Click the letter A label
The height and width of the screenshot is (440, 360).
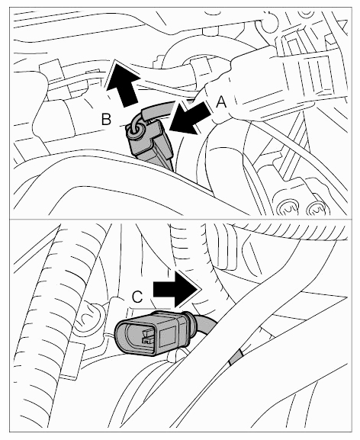tap(221, 102)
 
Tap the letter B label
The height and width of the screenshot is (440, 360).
tap(106, 119)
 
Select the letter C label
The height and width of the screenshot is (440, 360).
tap(137, 297)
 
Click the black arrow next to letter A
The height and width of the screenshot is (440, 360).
tap(188, 119)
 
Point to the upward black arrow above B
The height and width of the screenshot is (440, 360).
tap(122, 83)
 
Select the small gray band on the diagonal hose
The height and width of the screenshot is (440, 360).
tap(236, 357)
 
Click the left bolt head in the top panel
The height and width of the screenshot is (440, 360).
tap(287, 207)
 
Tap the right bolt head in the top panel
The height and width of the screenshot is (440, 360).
tap(317, 208)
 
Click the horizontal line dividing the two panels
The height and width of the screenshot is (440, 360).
tap(181, 219)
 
